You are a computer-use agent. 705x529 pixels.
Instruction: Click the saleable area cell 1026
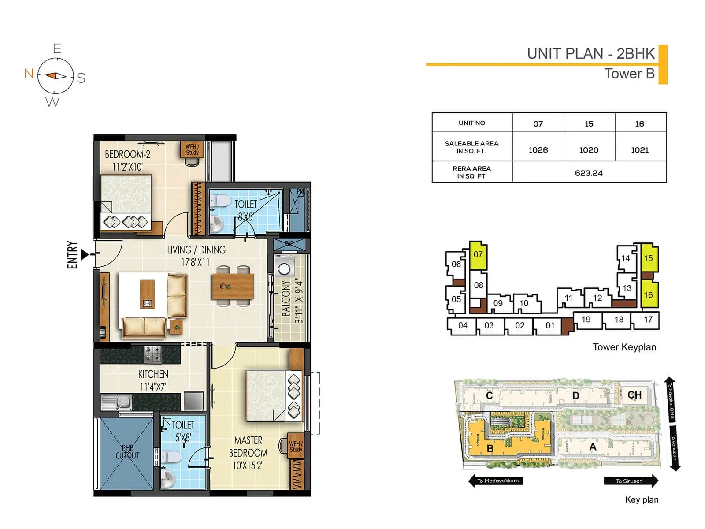[x=538, y=150]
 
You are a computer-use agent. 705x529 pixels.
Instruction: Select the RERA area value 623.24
[x=589, y=173]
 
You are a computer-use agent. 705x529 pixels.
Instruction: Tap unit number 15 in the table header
[x=589, y=124]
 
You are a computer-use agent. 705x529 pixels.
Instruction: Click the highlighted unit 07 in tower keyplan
[x=478, y=255]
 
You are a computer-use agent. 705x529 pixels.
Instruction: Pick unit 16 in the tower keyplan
[x=648, y=294]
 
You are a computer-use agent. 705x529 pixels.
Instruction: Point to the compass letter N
[x=29, y=73]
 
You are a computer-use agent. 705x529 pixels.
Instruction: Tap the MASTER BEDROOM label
[x=248, y=453]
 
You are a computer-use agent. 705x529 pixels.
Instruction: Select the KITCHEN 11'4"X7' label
[x=153, y=380]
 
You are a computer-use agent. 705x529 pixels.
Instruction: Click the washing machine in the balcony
[x=284, y=266]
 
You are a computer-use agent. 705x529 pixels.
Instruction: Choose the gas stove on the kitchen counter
[x=152, y=353]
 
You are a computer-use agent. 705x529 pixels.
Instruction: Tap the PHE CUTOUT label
[x=127, y=452]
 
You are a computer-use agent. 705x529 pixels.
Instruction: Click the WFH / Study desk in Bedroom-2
[x=192, y=149]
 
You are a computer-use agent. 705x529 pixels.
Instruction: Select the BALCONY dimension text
[x=299, y=301]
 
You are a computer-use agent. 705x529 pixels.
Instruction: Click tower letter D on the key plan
[x=575, y=396]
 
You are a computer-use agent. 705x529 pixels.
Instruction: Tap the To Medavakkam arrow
[x=496, y=481]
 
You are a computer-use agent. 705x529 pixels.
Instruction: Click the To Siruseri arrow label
[x=631, y=481]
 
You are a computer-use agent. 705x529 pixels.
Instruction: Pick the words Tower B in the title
[x=629, y=74]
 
